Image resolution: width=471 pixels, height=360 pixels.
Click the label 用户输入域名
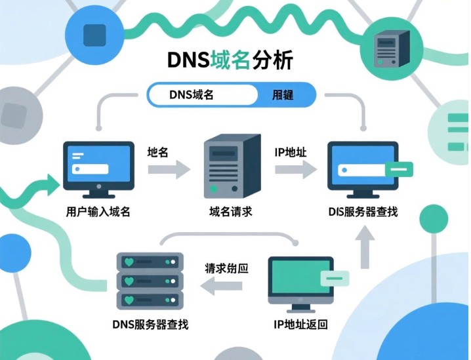point(98,212)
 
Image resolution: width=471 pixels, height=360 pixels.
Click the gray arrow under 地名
point(168,170)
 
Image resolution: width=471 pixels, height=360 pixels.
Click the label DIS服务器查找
point(363,212)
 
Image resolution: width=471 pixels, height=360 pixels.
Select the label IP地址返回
point(300,325)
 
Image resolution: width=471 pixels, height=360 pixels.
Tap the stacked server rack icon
point(147,281)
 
